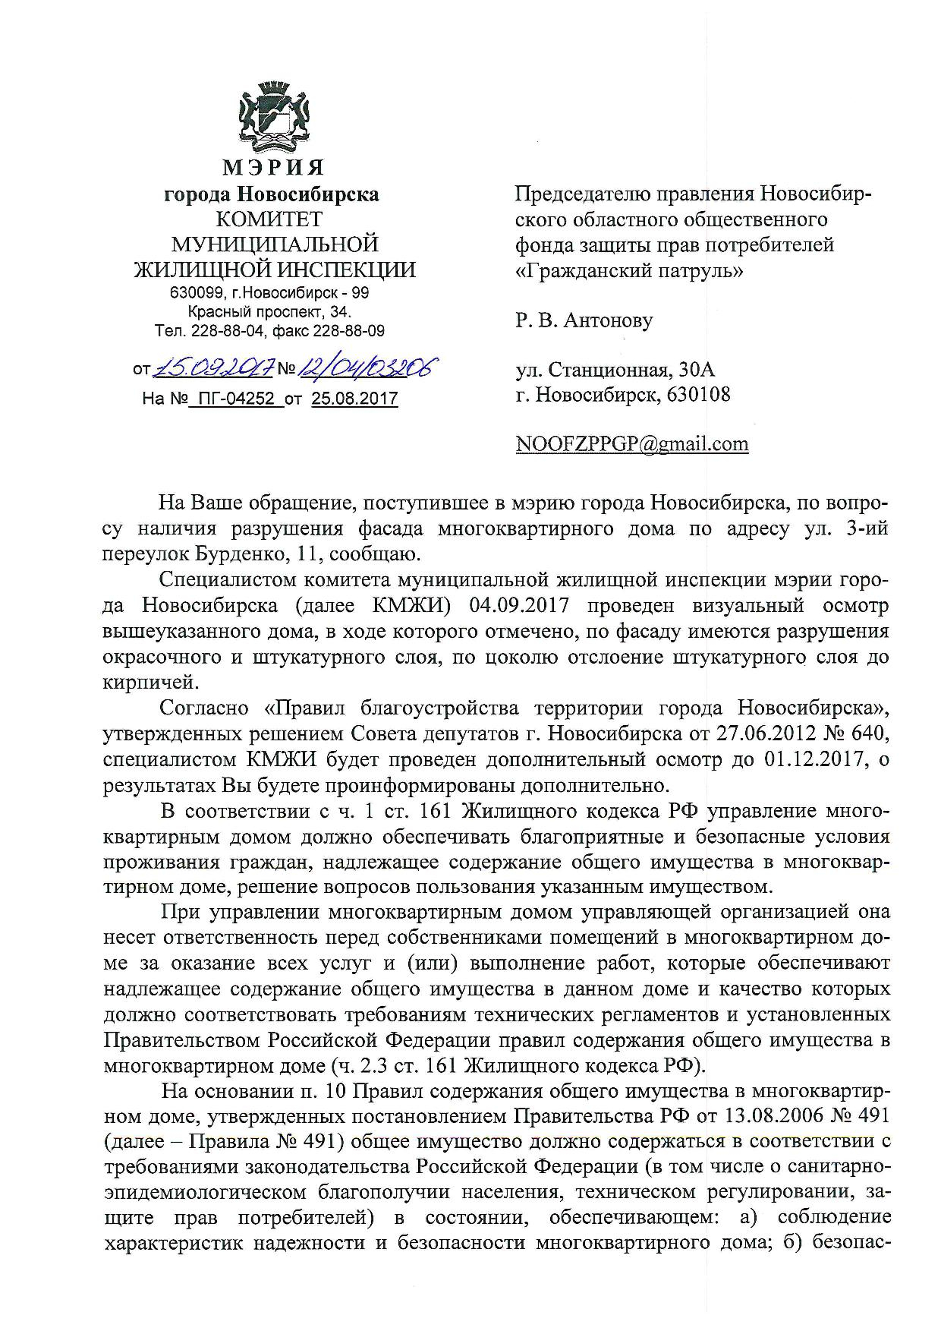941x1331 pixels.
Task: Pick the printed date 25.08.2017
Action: [x=354, y=398]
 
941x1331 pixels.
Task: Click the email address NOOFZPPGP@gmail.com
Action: [x=631, y=443]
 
